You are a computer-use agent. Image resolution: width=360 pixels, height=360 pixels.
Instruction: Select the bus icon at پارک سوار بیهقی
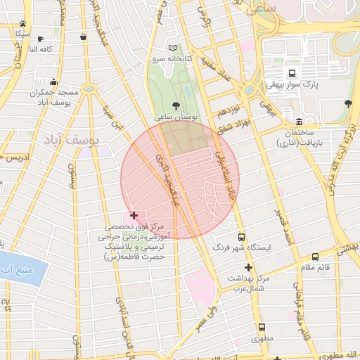coord(291,73)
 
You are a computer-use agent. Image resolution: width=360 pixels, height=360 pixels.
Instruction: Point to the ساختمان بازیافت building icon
coord(300,122)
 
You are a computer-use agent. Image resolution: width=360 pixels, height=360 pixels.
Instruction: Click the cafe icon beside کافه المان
coord(40,39)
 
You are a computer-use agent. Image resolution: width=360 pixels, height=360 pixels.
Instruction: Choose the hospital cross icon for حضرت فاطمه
coord(134,214)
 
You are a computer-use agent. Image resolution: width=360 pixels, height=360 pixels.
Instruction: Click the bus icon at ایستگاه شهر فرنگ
coord(242,238)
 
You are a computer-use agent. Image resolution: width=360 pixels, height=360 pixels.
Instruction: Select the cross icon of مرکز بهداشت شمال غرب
coord(247,267)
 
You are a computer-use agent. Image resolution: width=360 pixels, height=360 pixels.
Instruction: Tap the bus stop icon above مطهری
coord(262,328)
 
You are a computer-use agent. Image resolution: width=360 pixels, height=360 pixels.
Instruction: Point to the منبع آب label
coord(15,270)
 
